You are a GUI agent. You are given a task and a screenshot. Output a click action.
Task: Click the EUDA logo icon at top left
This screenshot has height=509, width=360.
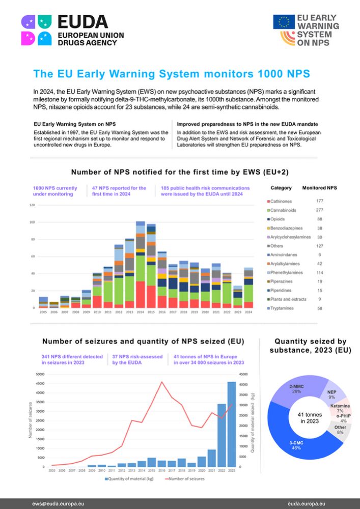(36, 30)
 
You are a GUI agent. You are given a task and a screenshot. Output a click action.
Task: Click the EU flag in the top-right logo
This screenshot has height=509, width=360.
(284, 22)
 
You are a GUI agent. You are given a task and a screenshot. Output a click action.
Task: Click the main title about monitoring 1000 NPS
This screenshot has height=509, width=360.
(171, 74)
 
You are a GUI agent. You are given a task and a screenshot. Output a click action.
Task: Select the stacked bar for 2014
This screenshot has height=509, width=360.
(141, 265)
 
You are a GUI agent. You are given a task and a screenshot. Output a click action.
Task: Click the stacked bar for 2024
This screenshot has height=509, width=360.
(248, 288)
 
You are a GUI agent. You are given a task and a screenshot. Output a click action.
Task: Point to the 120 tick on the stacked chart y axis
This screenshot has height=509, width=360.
(32, 205)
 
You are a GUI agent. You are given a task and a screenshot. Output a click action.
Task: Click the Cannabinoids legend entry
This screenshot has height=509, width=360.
(285, 210)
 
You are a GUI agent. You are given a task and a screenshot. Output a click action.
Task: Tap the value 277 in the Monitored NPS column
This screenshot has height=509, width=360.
(320, 210)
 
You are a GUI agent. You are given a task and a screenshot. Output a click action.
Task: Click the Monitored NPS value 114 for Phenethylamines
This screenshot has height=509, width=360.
(320, 272)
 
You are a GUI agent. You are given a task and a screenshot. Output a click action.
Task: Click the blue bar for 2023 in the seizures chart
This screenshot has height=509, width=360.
(232, 424)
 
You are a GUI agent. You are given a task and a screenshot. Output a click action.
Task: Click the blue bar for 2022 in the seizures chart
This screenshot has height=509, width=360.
(221, 435)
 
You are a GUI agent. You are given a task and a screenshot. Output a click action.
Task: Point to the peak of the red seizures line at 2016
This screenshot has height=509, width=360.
(161, 382)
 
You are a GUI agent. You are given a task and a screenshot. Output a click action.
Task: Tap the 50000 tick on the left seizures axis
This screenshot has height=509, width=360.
(40, 374)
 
